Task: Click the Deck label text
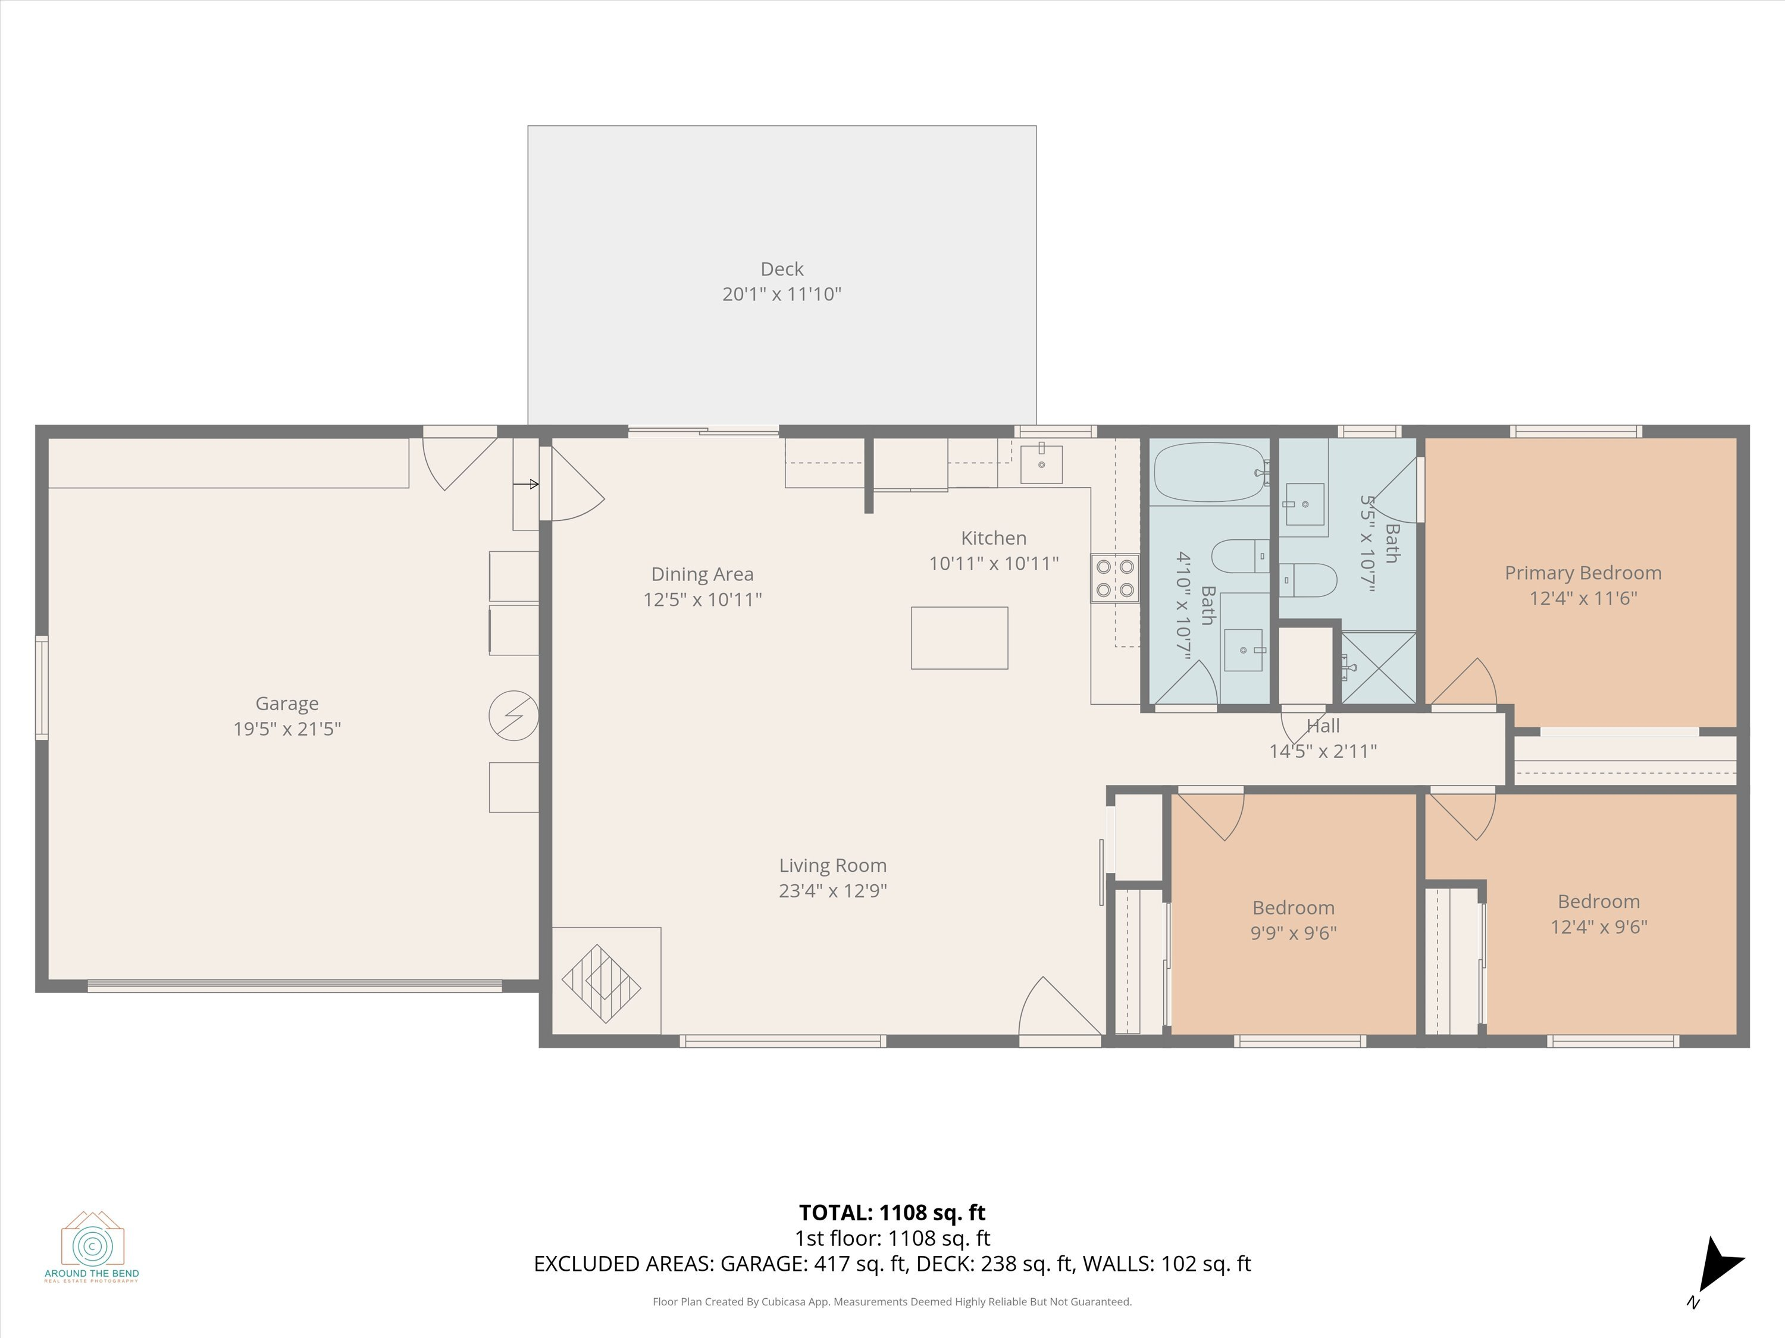(x=782, y=269)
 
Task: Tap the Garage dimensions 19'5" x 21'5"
(x=287, y=729)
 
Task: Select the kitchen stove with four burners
(x=1115, y=578)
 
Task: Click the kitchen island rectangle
(x=960, y=638)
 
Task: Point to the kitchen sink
(x=1041, y=463)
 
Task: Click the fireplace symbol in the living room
(x=601, y=984)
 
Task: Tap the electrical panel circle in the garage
(x=513, y=715)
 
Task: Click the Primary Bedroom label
(x=1583, y=573)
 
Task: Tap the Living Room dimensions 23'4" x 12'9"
(x=833, y=890)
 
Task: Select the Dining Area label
(x=702, y=574)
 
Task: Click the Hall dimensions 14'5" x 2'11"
(x=1323, y=751)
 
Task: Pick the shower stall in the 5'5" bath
(x=1378, y=668)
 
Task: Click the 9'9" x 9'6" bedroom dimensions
(x=1294, y=933)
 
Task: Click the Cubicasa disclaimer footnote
(x=892, y=1302)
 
